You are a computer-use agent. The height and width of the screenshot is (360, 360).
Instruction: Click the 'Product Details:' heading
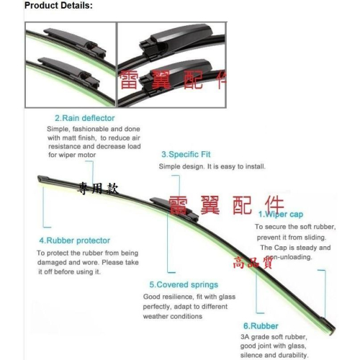pos(58,6)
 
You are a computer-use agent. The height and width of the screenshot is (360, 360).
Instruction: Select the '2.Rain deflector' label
pos(85,118)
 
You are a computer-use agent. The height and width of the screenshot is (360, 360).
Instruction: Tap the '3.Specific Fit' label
pos(186,154)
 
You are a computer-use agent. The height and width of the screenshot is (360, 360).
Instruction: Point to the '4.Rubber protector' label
pos(75,240)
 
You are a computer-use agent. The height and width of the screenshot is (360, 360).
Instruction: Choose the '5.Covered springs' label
pos(184,284)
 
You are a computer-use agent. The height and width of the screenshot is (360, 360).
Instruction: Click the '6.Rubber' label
pos(261,326)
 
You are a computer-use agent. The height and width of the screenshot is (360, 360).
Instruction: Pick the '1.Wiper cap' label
pos(281,214)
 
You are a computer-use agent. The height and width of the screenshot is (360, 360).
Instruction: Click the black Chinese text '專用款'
pos(98,188)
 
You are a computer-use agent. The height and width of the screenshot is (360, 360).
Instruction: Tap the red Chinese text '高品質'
pos(253,262)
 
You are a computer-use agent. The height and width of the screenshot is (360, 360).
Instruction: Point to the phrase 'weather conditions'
pos(173,316)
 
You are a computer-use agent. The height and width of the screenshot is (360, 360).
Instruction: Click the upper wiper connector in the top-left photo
pos(74,42)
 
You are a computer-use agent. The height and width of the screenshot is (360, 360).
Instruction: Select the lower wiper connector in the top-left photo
pos(69,71)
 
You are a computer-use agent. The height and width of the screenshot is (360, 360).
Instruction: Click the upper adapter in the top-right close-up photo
pos(175,40)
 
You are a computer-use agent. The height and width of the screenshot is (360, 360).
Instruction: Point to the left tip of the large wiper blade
pos(39,179)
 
